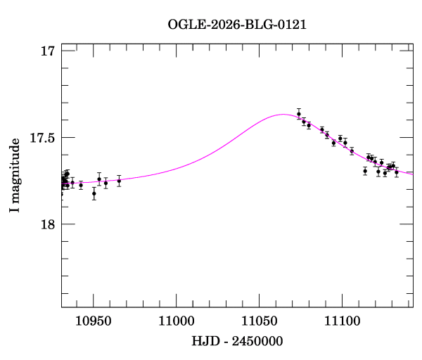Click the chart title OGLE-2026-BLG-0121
(x=237, y=25)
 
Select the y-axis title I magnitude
(x=15, y=176)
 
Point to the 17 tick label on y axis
(x=48, y=51)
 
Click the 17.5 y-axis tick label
(x=41, y=138)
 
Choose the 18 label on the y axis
(x=48, y=224)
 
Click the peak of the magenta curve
(x=283, y=114)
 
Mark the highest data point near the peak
(x=299, y=114)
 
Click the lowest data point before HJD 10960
(x=94, y=193)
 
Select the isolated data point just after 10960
(x=119, y=181)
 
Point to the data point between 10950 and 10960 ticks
(x=105, y=183)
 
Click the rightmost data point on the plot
(x=397, y=172)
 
